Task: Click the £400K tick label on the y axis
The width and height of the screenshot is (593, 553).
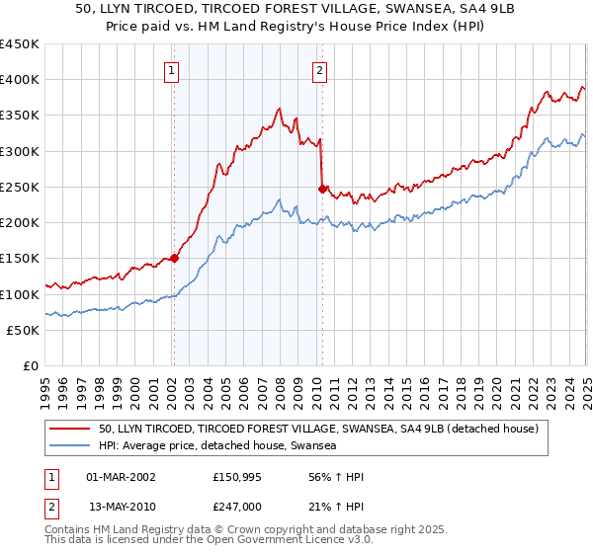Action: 20,80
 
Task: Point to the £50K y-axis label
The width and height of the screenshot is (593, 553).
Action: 24,330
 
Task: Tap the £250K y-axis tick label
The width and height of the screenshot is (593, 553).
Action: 20,187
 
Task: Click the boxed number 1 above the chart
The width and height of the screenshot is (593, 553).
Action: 173,70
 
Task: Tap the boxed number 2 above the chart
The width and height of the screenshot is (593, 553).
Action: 321,70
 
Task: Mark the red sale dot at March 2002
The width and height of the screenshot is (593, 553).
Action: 174,259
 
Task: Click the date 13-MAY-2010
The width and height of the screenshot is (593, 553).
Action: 122,506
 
